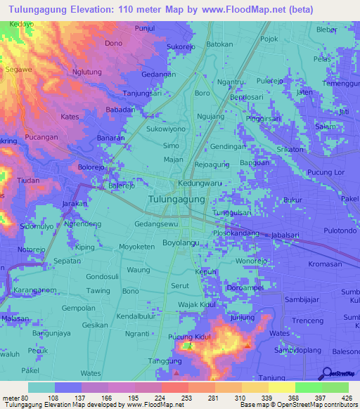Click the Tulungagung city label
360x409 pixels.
point(177,200)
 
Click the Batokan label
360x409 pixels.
point(219,44)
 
